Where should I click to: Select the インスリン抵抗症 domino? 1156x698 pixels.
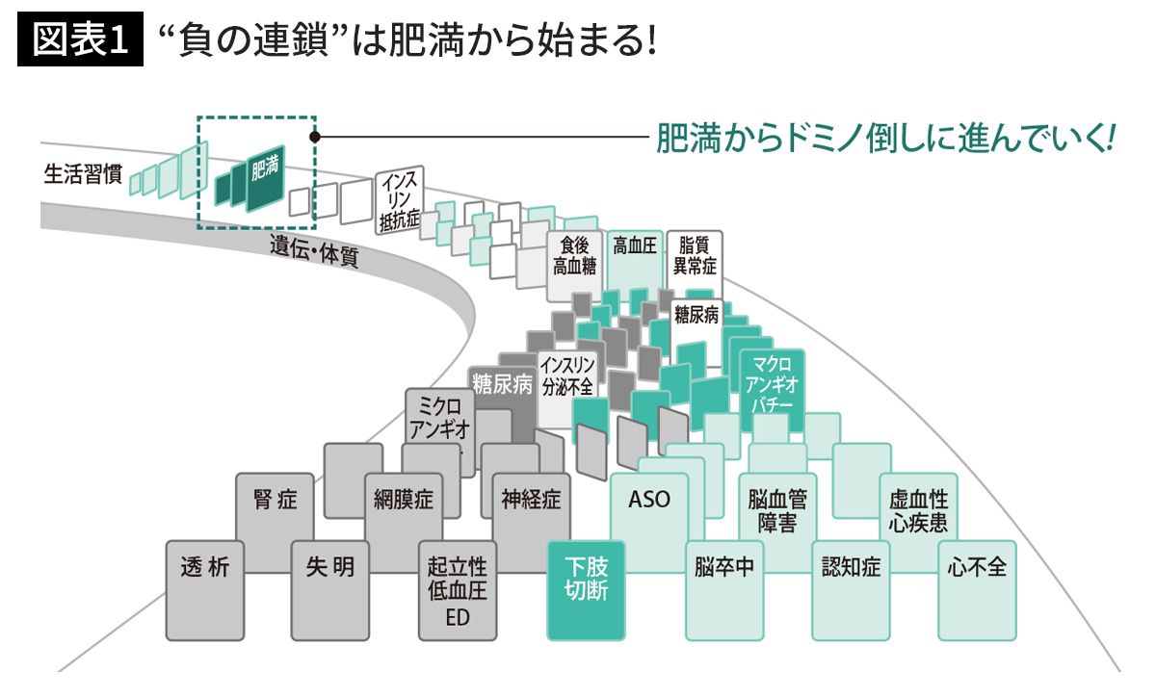pos(400,202)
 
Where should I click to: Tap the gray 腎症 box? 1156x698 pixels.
pos(276,500)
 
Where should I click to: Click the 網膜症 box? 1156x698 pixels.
pos(404,500)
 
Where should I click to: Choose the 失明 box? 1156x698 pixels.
pos(330,568)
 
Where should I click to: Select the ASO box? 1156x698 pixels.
pos(648,500)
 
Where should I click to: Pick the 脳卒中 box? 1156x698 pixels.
pos(723,568)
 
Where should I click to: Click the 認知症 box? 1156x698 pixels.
pos(851,568)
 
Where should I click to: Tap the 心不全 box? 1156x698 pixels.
pos(977,568)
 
